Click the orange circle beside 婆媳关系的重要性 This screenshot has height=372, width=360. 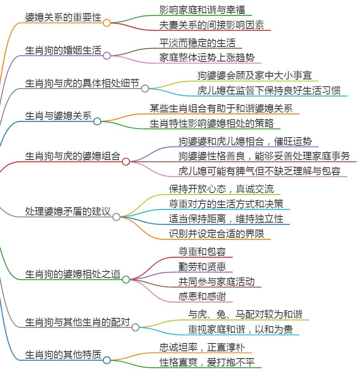coord(107,23)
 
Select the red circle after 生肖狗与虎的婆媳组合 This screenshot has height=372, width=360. coord(126,162)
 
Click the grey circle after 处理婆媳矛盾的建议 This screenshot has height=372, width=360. coord(116,217)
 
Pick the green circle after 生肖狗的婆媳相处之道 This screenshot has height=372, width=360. coord(126,280)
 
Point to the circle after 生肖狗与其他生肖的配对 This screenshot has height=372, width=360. coord(135,327)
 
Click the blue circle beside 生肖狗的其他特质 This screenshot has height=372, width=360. coord(107,360)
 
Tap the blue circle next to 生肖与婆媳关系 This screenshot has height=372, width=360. coord(97,121)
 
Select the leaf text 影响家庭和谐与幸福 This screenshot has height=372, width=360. coord(202,10)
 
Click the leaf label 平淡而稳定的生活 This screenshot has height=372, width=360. coord(197,43)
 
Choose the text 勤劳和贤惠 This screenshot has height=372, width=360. coord(202,267)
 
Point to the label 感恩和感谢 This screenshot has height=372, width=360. coord(202,296)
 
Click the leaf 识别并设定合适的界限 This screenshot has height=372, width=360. coord(216,234)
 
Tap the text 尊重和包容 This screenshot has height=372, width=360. coord(202,252)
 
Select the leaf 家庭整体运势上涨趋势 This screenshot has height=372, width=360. coord(207,58)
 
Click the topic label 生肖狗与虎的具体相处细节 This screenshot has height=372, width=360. coord(82,83)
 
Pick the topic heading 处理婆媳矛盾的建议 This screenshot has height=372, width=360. coord(68,211)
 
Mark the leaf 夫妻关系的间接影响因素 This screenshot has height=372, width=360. coord(212,25)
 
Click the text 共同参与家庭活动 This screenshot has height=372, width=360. coord(216,281)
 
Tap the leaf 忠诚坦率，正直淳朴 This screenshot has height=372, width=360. coord(202,347)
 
